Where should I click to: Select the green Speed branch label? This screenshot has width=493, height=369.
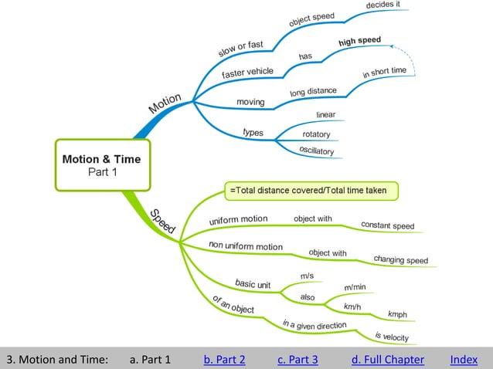tap(162, 222)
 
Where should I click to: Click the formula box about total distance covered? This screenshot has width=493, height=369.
tap(311, 190)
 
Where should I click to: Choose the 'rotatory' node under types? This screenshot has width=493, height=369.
tap(316, 134)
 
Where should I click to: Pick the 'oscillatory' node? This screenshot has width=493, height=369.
tap(316, 150)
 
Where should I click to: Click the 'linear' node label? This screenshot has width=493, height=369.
tap(325, 115)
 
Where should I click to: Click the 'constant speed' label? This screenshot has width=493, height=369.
tap(387, 225)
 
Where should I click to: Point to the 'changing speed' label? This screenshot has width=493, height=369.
tap(400, 259)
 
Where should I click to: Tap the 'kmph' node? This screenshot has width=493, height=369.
tap(397, 314)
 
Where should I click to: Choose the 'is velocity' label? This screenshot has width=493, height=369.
tap(391, 336)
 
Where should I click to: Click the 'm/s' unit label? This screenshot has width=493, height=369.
tap(307, 276)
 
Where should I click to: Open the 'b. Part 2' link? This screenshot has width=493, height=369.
tap(224, 359)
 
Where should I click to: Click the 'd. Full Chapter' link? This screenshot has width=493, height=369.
tap(387, 359)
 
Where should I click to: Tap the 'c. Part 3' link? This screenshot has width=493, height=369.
tap(297, 359)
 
